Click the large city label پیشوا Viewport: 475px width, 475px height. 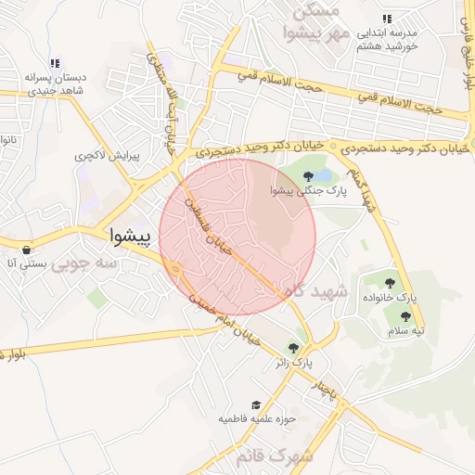click(129, 236)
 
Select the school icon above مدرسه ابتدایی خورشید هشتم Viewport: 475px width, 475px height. click(387, 18)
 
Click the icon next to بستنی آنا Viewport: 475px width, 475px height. click(26, 250)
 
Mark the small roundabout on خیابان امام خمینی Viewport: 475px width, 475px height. click(175, 270)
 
